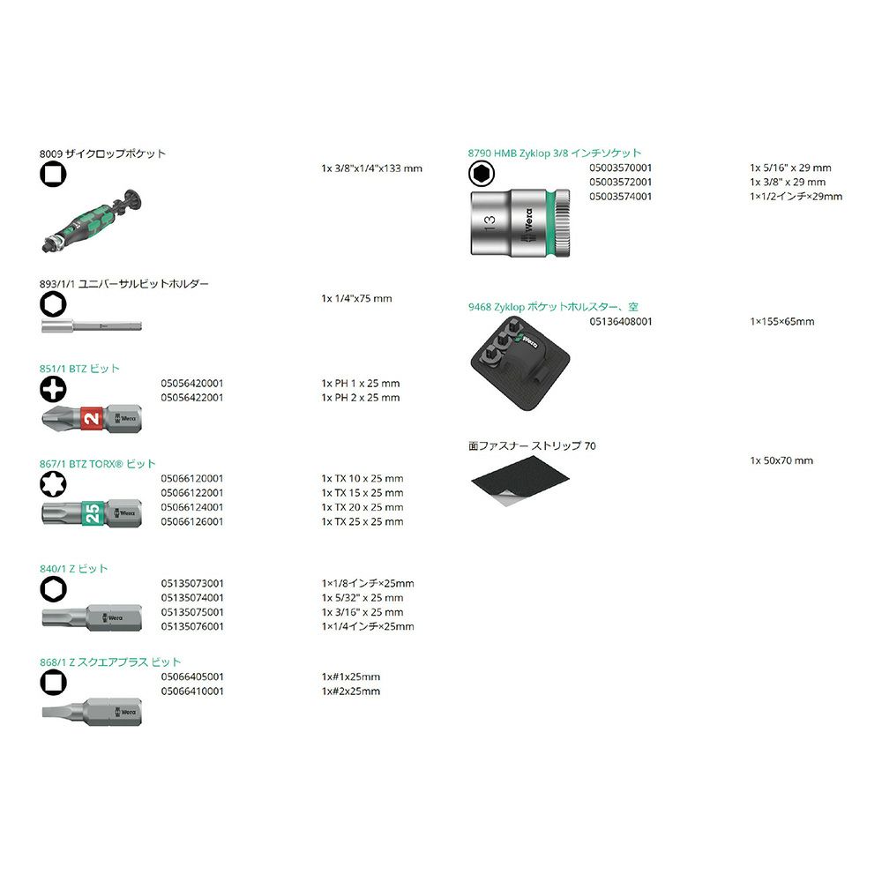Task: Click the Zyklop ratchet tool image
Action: (92, 221)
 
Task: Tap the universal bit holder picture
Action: (92, 325)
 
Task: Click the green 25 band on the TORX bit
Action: (93, 513)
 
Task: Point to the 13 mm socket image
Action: (519, 223)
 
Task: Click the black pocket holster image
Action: (519, 363)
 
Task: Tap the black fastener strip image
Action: (519, 481)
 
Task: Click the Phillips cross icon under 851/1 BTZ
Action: (53, 389)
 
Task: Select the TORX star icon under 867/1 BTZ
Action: (53, 484)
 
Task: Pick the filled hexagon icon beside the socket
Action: (482, 174)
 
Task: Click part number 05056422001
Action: (191, 398)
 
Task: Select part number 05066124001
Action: (191, 507)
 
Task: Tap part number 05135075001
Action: (191, 612)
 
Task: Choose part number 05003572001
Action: (620, 183)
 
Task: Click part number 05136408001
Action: (620, 322)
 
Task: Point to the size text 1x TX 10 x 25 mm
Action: (363, 479)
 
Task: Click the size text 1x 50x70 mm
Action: (781, 460)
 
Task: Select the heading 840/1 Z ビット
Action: (73, 569)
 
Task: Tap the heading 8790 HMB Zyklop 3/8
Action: (518, 153)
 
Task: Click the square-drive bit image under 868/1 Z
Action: (92, 712)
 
